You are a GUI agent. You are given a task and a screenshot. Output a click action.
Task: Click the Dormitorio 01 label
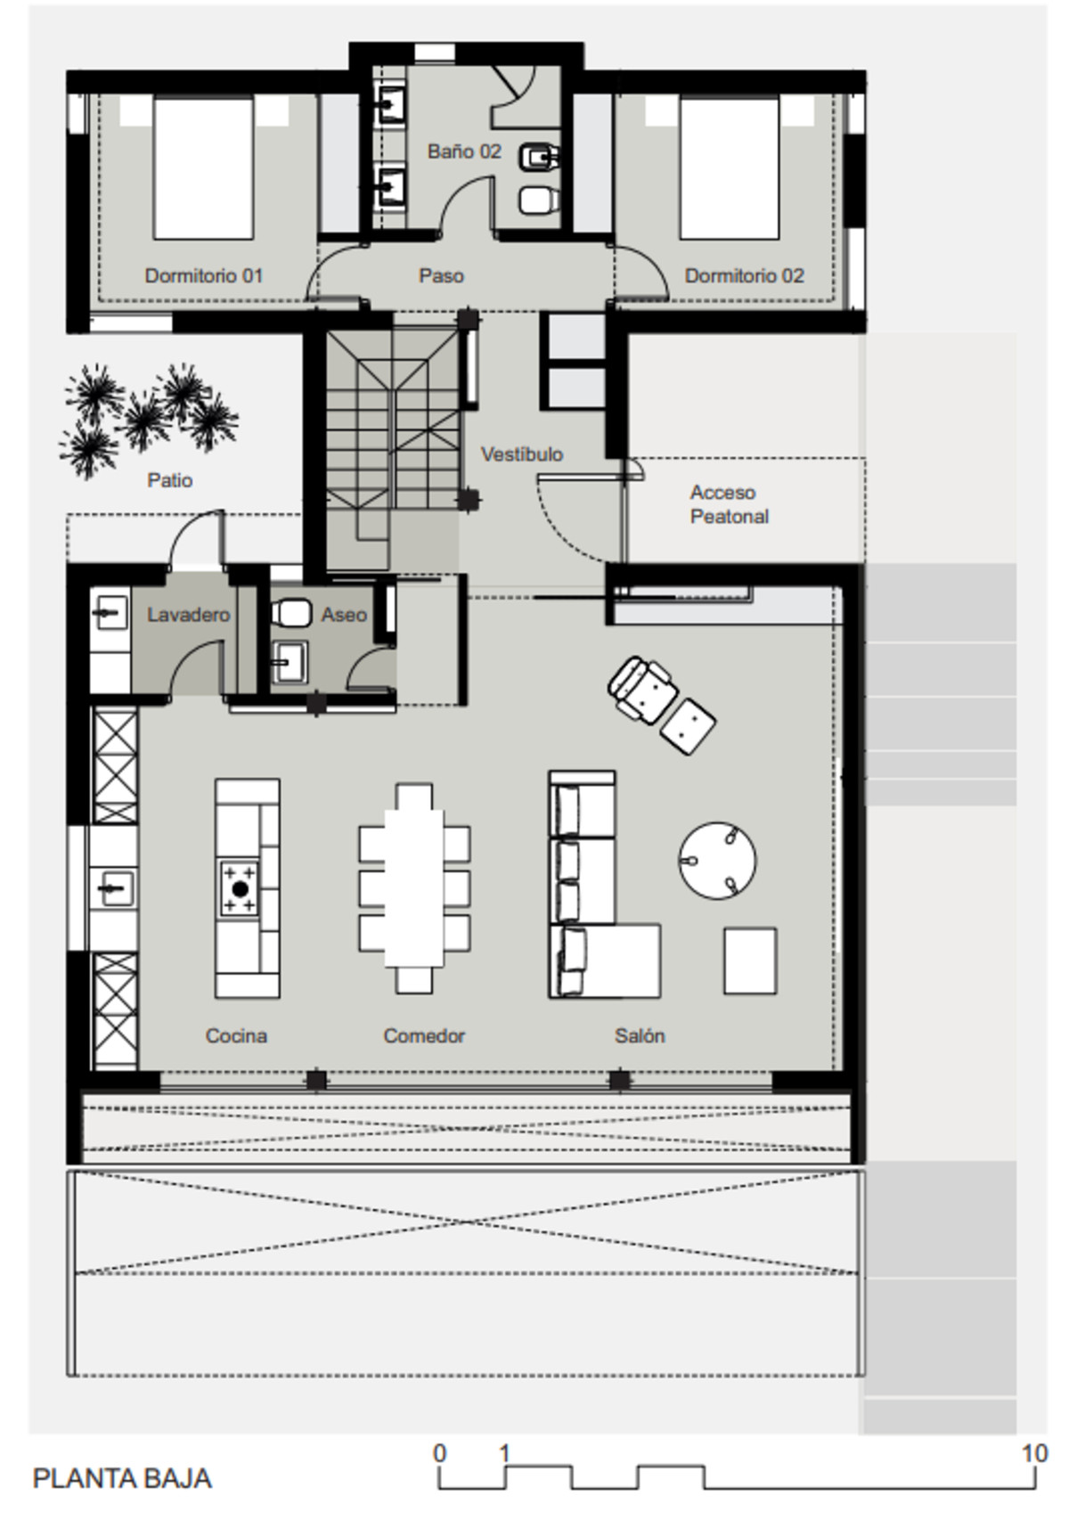[203, 275]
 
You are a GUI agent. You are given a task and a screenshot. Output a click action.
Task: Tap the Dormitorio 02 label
[744, 275]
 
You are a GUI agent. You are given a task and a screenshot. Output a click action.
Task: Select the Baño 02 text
[464, 151]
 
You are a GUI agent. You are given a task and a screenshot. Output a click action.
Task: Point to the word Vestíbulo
[522, 454]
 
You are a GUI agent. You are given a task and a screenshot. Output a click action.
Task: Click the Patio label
[169, 480]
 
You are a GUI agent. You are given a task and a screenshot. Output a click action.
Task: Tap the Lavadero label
[189, 615]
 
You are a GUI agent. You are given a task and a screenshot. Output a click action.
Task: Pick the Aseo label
[344, 615]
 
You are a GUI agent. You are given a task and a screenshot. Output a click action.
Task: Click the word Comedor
[424, 1035]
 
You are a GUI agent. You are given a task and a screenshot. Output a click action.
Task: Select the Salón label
[640, 1035]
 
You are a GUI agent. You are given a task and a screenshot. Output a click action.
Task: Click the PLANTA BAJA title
[122, 1479]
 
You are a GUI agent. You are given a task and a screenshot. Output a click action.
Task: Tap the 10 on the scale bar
[1034, 1453]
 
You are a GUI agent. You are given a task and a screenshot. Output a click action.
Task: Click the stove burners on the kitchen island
[239, 888]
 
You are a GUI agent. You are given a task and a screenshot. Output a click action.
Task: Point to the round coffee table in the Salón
[718, 861]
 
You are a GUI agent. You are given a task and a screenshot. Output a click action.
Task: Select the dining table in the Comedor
[414, 888]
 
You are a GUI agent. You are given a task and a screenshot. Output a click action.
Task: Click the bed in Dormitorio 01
[203, 168]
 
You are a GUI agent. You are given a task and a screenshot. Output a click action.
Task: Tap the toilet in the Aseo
[290, 613]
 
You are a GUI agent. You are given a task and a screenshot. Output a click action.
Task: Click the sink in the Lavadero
[109, 613]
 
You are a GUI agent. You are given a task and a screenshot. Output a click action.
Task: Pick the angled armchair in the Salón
[641, 691]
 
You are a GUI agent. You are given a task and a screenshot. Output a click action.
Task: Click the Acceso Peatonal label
[730, 504]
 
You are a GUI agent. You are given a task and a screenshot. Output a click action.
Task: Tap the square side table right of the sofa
[749, 960]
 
